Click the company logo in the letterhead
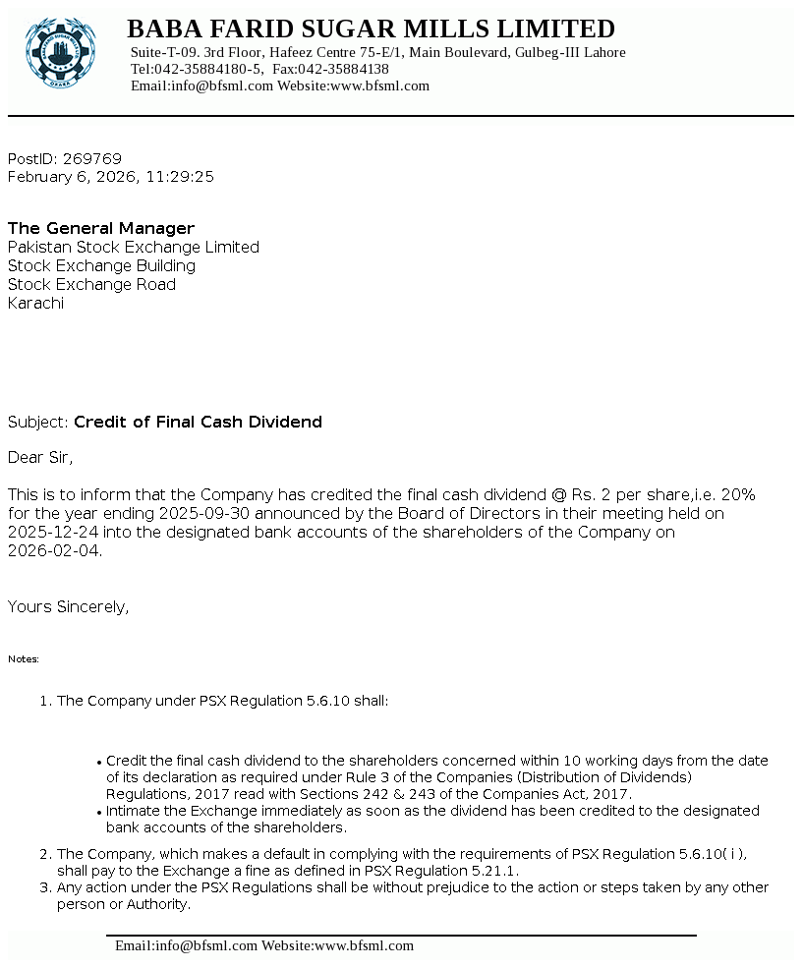(61, 52)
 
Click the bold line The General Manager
(101, 229)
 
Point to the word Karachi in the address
(35, 304)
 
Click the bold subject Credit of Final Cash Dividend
(198, 423)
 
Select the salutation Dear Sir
(40, 458)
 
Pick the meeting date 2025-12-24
(48, 533)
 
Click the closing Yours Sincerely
(68, 607)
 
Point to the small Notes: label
(24, 659)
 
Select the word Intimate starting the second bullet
(138, 812)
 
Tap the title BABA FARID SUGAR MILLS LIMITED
(371, 28)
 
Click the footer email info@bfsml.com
(186, 946)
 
